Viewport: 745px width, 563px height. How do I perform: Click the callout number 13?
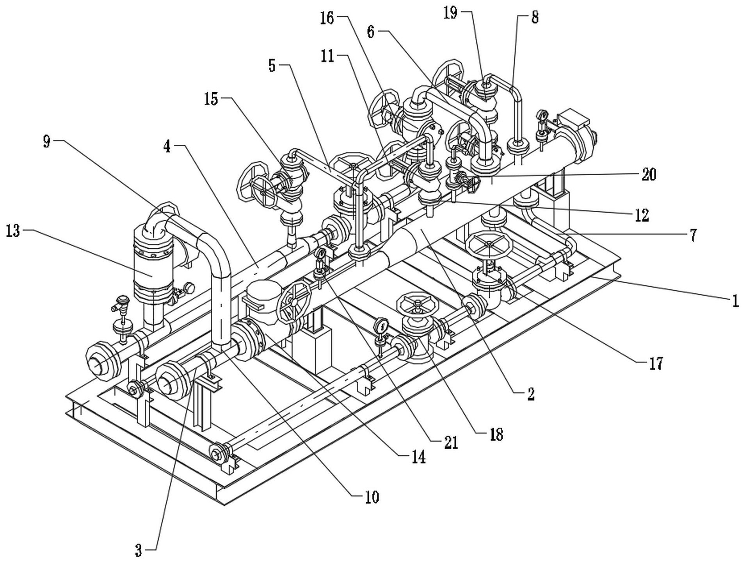[x=13, y=231]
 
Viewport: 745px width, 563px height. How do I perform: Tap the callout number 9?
[x=47, y=142]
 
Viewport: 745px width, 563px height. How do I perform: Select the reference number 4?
[x=167, y=147]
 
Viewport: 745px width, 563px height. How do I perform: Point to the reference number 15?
[x=211, y=99]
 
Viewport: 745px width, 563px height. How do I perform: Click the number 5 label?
[x=272, y=66]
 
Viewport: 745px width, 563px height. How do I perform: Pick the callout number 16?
[x=327, y=18]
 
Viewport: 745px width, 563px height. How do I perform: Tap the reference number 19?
[x=450, y=13]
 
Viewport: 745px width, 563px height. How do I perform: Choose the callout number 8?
[x=535, y=18]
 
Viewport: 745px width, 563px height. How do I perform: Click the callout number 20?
[x=649, y=174]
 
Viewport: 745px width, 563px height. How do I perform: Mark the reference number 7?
[x=693, y=236]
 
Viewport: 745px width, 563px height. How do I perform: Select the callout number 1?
[x=735, y=301]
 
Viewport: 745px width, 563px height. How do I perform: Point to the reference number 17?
[x=656, y=364]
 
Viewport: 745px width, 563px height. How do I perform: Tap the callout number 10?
[x=372, y=497]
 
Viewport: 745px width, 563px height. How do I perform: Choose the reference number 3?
[x=139, y=551]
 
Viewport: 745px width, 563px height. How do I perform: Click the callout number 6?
[x=370, y=32]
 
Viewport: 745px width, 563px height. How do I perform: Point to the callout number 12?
[x=642, y=215]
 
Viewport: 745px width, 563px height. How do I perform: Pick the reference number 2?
[x=530, y=394]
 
